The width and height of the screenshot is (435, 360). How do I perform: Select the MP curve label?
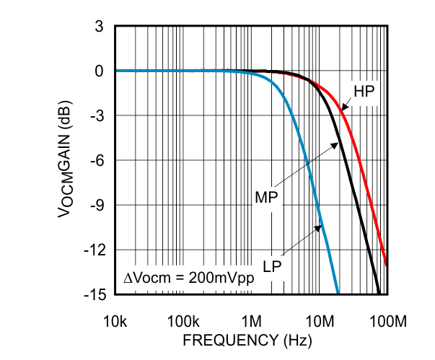[266, 196]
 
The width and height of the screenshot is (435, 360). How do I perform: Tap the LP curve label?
[272, 267]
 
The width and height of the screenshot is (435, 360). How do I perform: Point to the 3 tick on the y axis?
[100, 27]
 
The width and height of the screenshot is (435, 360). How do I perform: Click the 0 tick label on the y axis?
[100, 71]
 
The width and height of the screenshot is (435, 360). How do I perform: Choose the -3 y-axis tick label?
[98, 116]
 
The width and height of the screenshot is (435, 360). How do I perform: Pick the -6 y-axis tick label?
[98, 161]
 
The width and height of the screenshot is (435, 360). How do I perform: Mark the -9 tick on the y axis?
[98, 206]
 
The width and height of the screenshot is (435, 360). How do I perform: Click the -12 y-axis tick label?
[95, 250]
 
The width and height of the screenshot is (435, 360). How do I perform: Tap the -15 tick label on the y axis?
[95, 295]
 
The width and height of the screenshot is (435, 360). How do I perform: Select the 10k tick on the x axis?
[115, 320]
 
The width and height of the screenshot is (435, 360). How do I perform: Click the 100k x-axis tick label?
[183, 320]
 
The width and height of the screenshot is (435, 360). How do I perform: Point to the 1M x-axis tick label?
[251, 320]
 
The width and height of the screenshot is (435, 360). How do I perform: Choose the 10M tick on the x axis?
[319, 320]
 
